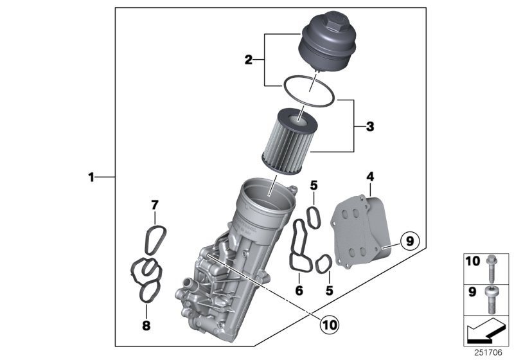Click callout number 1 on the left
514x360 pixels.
(91, 176)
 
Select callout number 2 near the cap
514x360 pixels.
(249, 61)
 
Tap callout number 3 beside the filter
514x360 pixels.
(369, 127)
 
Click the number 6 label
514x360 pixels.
(299, 291)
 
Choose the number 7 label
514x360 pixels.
(154, 205)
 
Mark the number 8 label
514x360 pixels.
(146, 326)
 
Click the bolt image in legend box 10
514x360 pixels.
(490, 264)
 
